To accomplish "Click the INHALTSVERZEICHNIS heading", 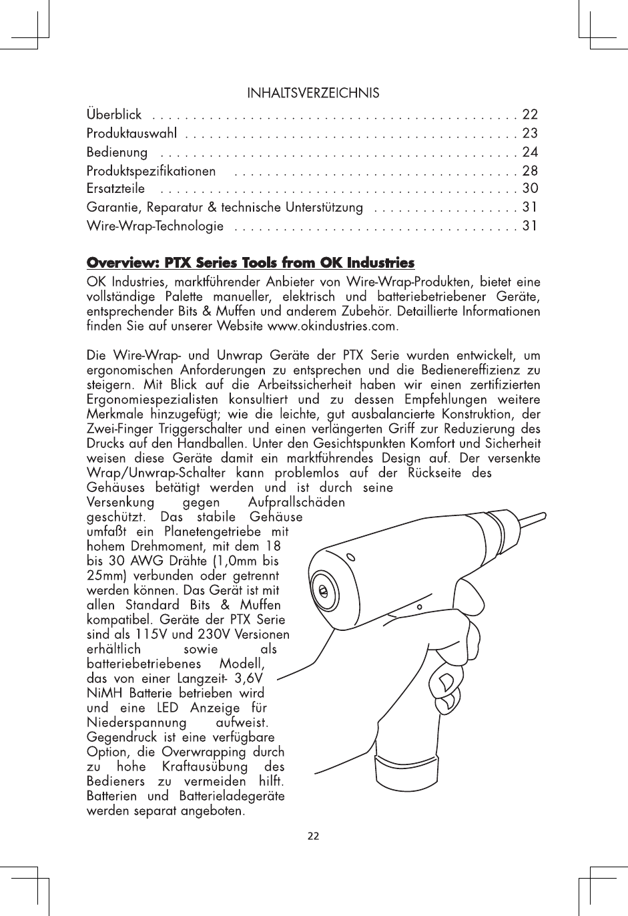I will (x=314, y=92).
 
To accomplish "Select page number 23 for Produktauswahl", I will (x=530, y=134).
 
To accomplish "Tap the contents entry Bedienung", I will (x=117, y=152).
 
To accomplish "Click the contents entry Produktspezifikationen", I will (x=151, y=171).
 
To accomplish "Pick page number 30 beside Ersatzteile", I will (x=530, y=189).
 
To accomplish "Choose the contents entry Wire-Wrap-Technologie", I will (x=155, y=226).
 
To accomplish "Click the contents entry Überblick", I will (x=114, y=115).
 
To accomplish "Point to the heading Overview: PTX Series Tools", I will (x=251, y=262).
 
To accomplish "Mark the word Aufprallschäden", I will (x=296, y=502).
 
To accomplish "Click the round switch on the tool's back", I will (x=323, y=592).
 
